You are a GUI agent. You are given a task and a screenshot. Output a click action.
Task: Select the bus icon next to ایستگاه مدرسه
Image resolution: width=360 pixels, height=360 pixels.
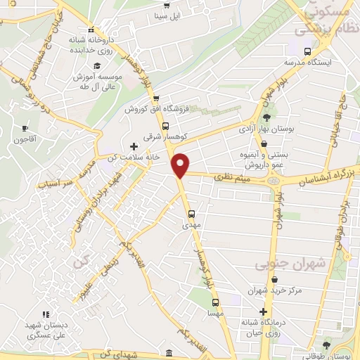[x=307, y=51]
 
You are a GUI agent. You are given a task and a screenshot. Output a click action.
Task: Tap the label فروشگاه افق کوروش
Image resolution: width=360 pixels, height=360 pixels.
[x=156, y=109]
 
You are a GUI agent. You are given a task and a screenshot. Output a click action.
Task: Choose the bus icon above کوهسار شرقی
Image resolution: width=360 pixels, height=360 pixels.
[x=165, y=126]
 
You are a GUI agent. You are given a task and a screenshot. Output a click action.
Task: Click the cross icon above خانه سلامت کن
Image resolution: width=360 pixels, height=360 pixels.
[x=134, y=146]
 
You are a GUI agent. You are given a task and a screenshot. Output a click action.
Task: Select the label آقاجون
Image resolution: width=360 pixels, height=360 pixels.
[x=25, y=139]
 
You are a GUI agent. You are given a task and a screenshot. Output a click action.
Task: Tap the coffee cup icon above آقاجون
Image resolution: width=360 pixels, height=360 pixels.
[x=26, y=128]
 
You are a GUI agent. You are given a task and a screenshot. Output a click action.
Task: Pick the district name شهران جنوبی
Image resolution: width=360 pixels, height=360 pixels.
[x=283, y=264]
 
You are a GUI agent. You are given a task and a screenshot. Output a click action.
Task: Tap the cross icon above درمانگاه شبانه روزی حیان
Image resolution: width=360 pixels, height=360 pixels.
[x=263, y=311]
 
